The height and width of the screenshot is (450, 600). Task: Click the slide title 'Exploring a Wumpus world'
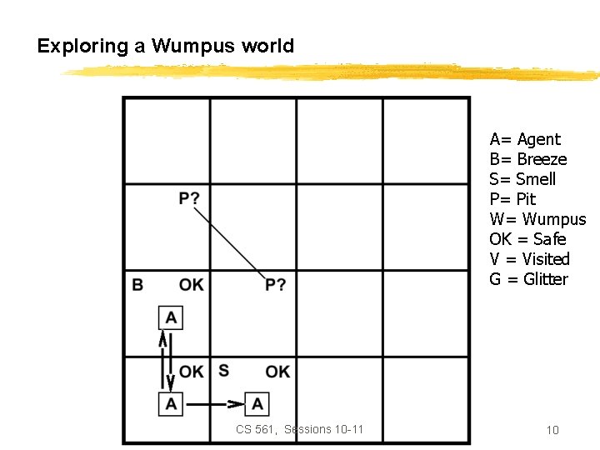[165, 46]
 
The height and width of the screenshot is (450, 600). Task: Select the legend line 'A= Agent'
[525, 139]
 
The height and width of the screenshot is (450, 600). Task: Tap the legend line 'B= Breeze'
[528, 159]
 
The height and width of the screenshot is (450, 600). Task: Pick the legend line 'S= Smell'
[522, 179]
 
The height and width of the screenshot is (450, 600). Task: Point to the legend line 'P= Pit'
[512, 199]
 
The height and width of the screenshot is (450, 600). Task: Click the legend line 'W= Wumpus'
[537, 219]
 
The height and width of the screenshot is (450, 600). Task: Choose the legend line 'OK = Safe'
[527, 239]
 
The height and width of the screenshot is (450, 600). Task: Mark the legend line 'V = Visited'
[529, 259]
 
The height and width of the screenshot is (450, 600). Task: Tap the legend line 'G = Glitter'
[528, 279]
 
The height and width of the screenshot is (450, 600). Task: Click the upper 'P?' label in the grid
[189, 198]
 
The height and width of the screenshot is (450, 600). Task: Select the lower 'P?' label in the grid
[276, 285]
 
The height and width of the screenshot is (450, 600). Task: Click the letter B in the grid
[137, 285]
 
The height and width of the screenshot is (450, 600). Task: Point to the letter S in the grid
[224, 370]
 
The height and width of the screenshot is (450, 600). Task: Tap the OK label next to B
[191, 285]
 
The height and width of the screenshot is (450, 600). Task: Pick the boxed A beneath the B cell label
[171, 317]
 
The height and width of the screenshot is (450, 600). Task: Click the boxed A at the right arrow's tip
[257, 404]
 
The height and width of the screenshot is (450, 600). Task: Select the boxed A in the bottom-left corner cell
[171, 404]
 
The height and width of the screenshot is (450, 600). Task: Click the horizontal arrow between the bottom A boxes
[214, 404]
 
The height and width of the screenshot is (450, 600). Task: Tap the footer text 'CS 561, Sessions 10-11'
[300, 429]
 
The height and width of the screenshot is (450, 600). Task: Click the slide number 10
[552, 430]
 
